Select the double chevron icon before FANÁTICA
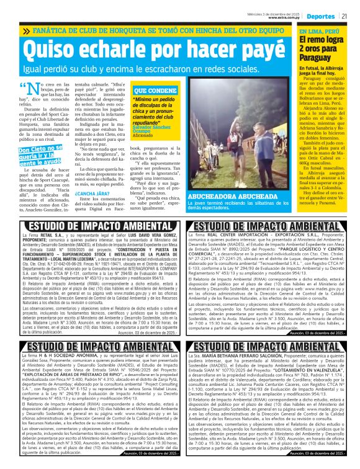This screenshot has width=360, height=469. (27, 30)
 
